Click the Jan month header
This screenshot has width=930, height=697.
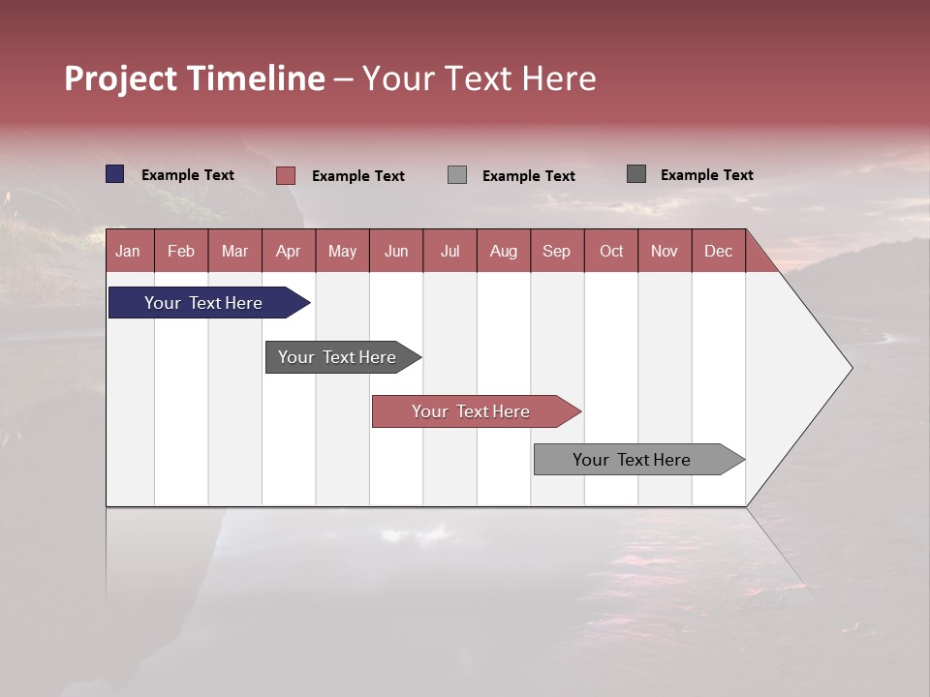pyautogui.click(x=129, y=251)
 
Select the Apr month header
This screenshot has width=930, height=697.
pyautogui.click(x=289, y=251)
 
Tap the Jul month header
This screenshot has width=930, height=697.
pyautogui.click(x=449, y=251)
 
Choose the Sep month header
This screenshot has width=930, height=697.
pyautogui.click(x=557, y=251)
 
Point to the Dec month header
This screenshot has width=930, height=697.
pyautogui.click(x=718, y=251)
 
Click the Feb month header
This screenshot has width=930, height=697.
pyautogui.click(x=181, y=251)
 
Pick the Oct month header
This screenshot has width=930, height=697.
pyautogui.click(x=611, y=251)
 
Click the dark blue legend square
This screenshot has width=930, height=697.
pyautogui.click(x=115, y=174)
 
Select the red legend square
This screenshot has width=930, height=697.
pyautogui.click(x=286, y=175)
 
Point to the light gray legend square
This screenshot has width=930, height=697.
pyautogui.click(x=457, y=175)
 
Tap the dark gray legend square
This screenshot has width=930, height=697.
pyautogui.click(x=636, y=174)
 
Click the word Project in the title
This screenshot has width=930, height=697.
pyautogui.click(x=122, y=78)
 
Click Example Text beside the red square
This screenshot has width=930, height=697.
pyautogui.click(x=357, y=176)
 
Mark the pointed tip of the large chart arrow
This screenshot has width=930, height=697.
pyautogui.click(x=851, y=368)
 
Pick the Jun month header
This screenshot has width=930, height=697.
pyautogui.click(x=396, y=251)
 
